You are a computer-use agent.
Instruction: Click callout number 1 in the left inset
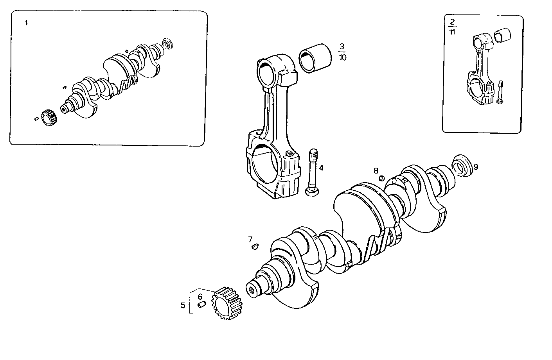(26, 23)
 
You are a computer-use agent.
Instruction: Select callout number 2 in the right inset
(452, 22)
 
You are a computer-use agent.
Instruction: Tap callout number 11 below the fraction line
(452, 32)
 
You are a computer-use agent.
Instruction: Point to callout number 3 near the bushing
(342, 47)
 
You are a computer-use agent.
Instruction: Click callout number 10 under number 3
(342, 57)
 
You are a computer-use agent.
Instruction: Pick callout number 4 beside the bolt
(321, 168)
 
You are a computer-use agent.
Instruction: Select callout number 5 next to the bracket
(183, 305)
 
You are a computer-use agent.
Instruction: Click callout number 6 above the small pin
(200, 297)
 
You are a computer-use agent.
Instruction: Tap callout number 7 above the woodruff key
(250, 239)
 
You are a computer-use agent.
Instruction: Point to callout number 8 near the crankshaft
(376, 170)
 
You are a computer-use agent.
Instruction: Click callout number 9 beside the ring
(476, 167)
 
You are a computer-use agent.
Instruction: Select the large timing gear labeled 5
(227, 303)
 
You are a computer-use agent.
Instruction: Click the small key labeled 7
(255, 246)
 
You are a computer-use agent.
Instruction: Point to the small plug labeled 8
(382, 179)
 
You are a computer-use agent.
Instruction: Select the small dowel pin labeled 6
(201, 304)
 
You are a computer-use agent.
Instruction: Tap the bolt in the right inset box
(501, 92)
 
